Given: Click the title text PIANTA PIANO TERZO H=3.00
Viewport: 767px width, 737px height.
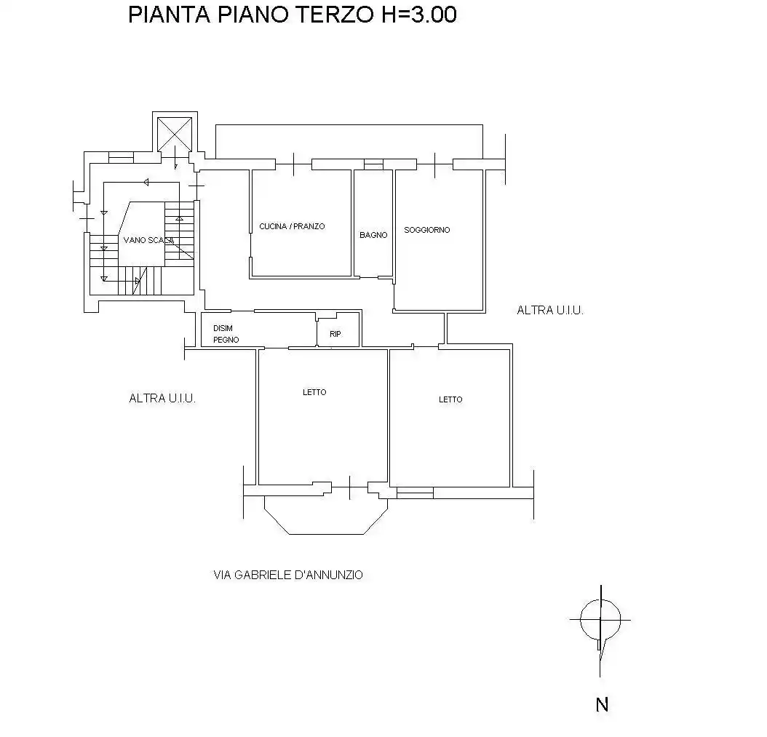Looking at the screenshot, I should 292,15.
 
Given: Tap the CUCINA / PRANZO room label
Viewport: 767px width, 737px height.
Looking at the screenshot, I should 292,226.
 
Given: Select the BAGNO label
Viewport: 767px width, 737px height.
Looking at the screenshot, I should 373,235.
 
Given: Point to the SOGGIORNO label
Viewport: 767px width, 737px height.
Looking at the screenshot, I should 427,230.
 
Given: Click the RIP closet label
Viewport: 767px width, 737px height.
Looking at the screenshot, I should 335,334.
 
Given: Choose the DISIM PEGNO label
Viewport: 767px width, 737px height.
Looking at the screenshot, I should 225,334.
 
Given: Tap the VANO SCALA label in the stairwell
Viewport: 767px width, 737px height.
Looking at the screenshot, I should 148,240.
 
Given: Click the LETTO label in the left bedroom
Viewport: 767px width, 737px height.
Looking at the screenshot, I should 314,392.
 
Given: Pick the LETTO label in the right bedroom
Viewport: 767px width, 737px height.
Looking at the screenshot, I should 450,399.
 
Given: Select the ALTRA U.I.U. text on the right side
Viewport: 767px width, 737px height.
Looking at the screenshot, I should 550,310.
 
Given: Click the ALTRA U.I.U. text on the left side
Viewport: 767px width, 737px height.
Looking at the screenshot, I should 162,398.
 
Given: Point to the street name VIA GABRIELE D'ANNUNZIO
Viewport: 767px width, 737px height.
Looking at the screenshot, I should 288,575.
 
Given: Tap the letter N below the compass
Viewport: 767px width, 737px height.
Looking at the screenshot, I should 602,704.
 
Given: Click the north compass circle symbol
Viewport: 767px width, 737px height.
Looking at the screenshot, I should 600,619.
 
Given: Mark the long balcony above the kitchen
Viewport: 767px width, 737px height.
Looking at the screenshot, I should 349,141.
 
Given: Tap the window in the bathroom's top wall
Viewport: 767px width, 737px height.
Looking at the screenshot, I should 373,164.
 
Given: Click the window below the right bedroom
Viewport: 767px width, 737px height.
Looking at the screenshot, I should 415,494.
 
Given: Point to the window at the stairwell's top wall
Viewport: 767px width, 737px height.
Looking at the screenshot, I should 121,156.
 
